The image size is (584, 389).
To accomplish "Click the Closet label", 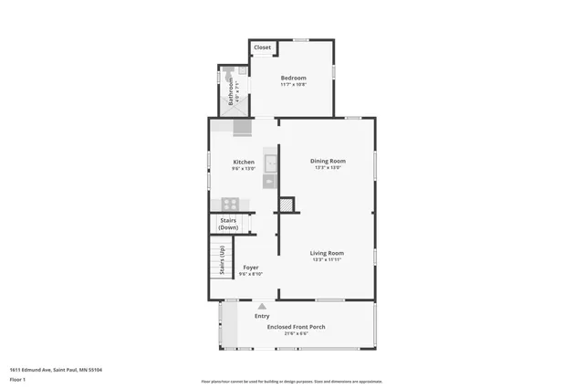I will pos(263,47).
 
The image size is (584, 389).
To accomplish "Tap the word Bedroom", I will pos(293,78).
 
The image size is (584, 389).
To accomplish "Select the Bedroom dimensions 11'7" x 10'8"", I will pos(293,85).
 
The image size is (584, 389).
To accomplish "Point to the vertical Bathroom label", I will pos(231,92).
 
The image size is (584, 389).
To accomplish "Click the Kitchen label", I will pos(244,162).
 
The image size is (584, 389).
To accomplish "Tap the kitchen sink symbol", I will pos(271,163).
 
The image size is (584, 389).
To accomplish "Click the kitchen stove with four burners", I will pos(231,204).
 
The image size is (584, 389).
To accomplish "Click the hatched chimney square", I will pos(287,205).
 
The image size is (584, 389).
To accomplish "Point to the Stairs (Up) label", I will pos(223,260).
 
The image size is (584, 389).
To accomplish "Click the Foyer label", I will pos(250,268).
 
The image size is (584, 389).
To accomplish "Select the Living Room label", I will pos(327,253).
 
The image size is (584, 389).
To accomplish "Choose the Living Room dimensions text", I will pos(327,260).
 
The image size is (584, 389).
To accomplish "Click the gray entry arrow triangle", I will pos(262,307).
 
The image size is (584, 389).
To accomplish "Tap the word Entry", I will pos(262,316).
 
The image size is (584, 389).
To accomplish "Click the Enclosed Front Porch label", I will pos(296,326).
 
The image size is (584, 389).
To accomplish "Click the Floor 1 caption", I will pos(17,378).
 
